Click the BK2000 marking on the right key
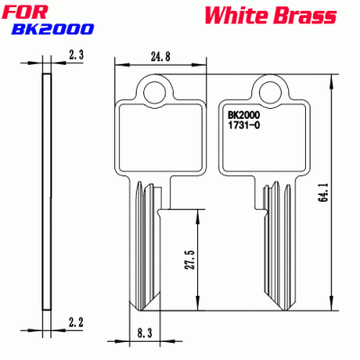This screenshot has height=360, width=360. point(245,115)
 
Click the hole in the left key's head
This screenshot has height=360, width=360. point(158,89)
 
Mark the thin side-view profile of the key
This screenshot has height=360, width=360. point(44,189)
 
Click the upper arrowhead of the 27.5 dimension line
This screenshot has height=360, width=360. point(196,211)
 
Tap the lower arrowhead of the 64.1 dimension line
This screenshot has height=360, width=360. point(334,306)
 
